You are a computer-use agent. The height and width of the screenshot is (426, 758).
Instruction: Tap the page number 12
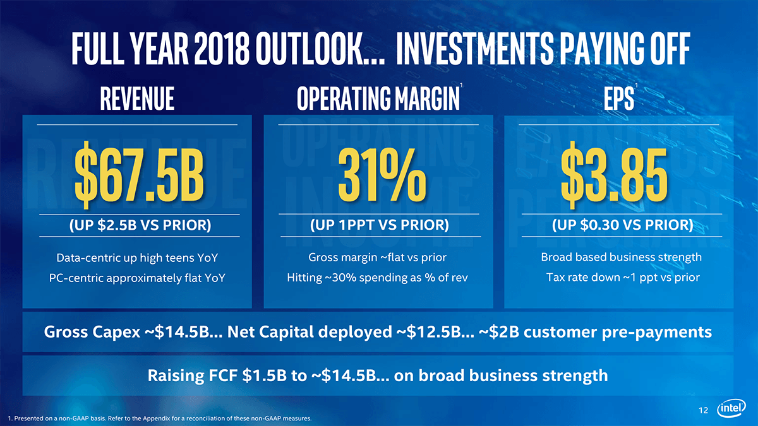pos(703,411)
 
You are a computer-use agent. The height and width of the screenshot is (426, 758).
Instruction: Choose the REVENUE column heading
pos(137,98)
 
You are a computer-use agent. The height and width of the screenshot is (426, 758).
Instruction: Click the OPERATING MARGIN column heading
pos(378,98)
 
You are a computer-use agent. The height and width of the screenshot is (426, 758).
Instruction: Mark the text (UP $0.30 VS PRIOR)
pos(622,225)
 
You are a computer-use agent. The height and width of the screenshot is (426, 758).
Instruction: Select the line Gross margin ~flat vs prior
pos(378,257)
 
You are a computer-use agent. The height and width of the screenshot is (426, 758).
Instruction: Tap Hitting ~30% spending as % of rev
pos(378,278)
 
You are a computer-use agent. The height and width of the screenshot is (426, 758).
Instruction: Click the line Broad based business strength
pos(621,257)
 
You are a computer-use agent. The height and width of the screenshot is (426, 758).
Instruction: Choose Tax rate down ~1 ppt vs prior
pos(621,278)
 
